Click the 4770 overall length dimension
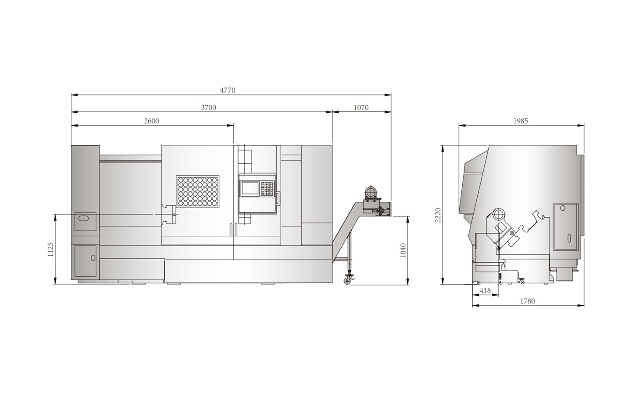228,90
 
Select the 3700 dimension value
209,107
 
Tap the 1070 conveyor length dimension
361,107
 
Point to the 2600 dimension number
152,121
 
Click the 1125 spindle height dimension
50,249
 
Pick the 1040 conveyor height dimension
403,250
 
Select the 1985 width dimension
521,121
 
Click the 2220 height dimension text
438,215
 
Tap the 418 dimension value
485,290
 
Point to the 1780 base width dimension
527,301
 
